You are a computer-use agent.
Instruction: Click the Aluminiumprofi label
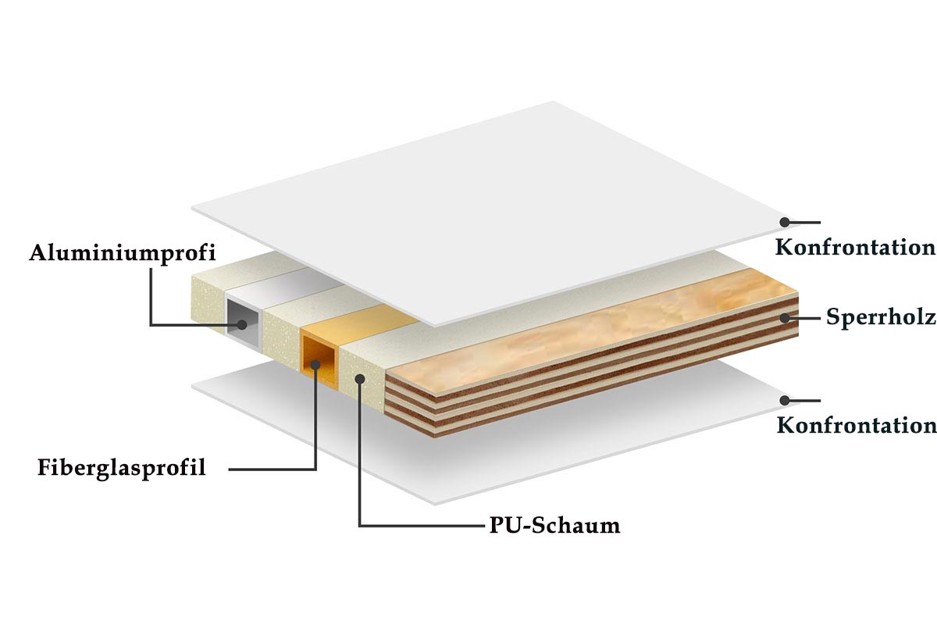point(122,253)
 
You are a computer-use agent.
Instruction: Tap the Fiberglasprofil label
point(122,468)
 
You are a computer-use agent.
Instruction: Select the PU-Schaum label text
point(554,525)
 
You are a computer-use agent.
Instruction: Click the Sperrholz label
point(881,317)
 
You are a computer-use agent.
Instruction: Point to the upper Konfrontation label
point(856,247)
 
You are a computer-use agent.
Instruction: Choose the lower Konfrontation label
point(857,425)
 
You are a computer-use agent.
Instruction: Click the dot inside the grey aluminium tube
point(242,324)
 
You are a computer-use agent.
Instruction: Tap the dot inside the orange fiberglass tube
point(315,365)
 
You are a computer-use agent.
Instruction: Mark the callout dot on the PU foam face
point(360,379)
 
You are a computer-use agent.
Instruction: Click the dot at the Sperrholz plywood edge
point(785,318)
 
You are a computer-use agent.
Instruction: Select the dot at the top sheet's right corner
point(785,222)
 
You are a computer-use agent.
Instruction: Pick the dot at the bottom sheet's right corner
point(785,401)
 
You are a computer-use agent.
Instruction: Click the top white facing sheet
point(493,213)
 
